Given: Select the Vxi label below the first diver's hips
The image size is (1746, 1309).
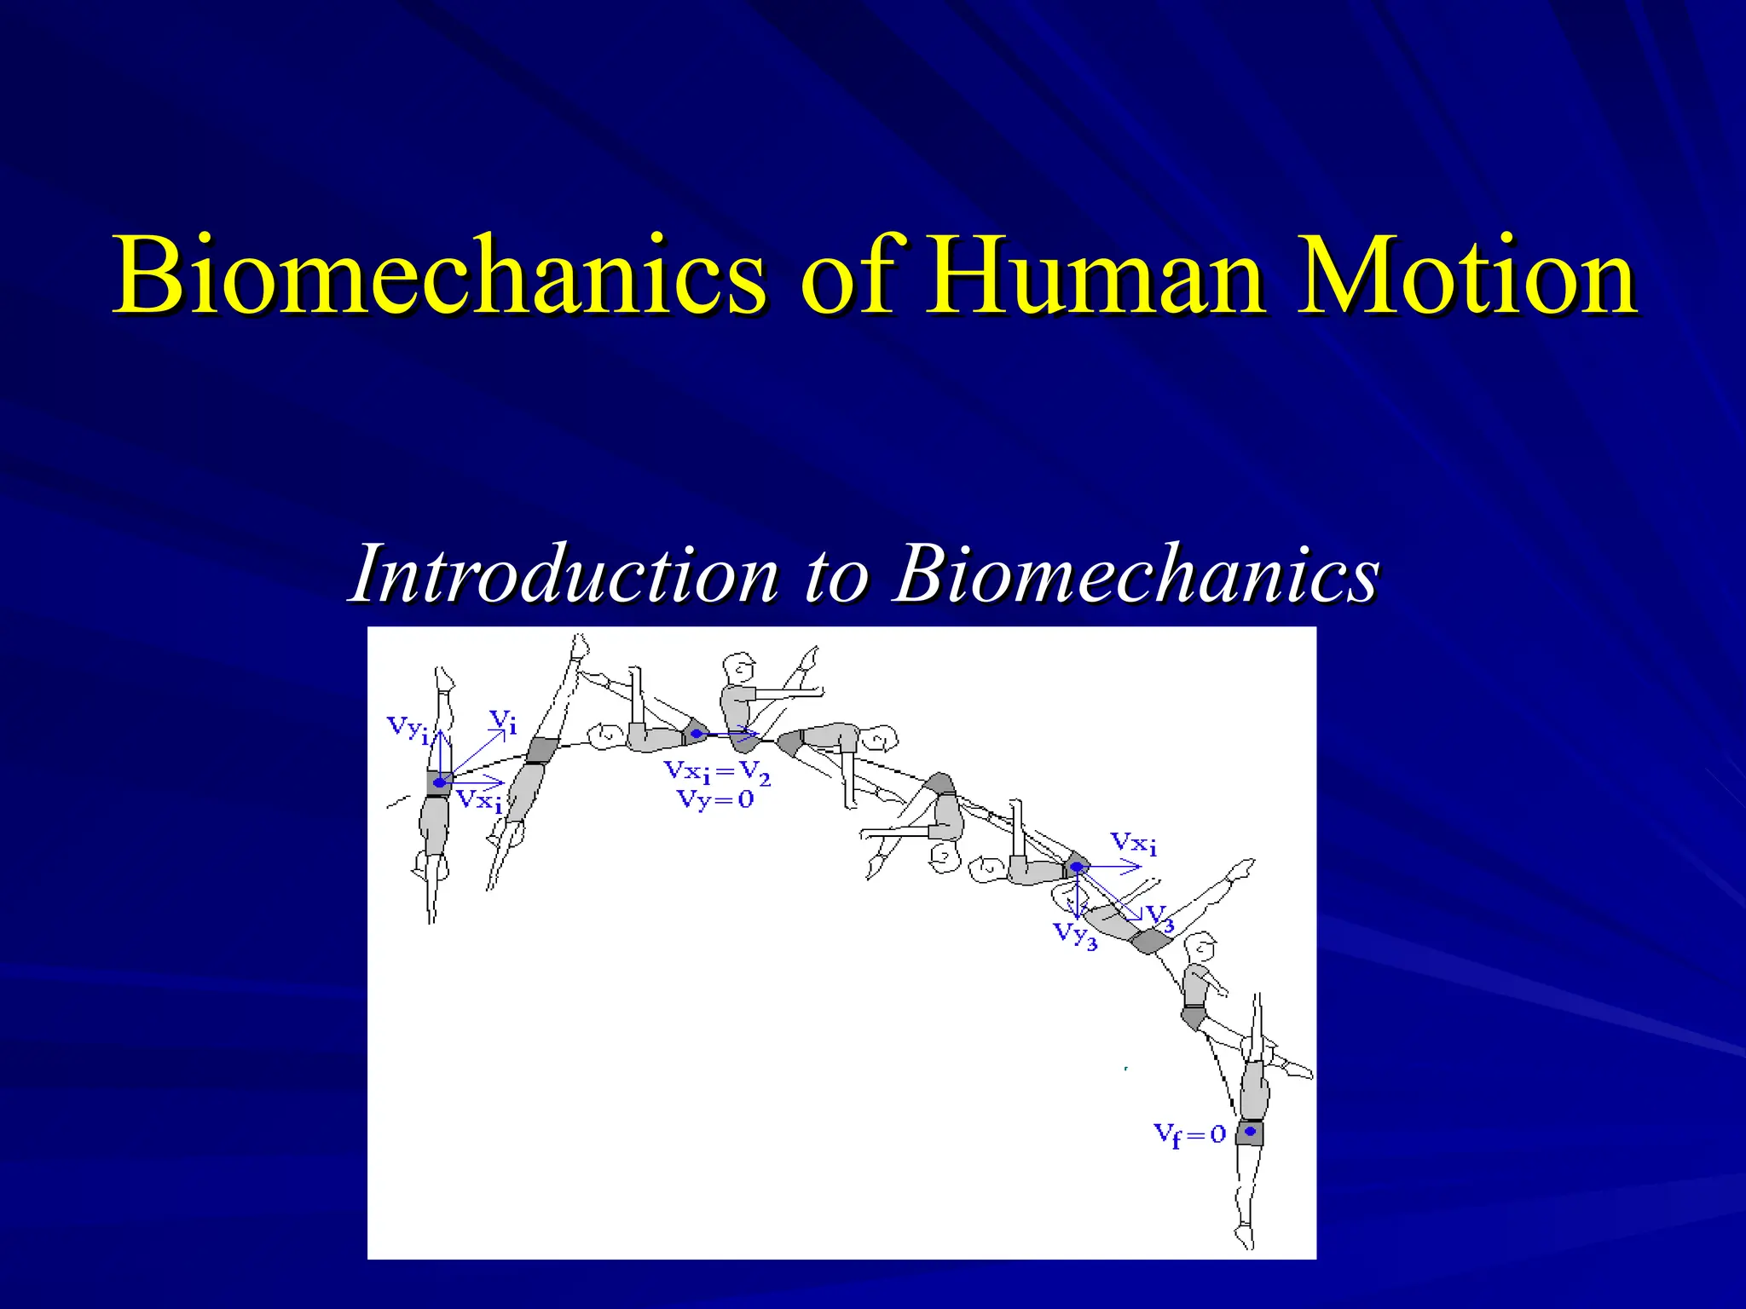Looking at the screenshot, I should tap(479, 801).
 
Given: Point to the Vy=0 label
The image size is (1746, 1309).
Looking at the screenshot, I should tap(714, 799).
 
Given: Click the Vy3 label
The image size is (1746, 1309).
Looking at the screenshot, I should tap(1075, 935).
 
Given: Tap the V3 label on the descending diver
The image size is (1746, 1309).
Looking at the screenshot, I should tap(1160, 918).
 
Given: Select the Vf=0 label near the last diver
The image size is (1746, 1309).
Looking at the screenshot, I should tap(1189, 1134).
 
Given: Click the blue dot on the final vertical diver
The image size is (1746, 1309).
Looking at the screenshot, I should tap(1250, 1132).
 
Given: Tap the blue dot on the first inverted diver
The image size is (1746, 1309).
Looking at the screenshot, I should tap(439, 782).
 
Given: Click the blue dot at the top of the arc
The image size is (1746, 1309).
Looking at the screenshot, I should tap(697, 733).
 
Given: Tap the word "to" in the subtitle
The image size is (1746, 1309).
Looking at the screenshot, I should tap(835, 574).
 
